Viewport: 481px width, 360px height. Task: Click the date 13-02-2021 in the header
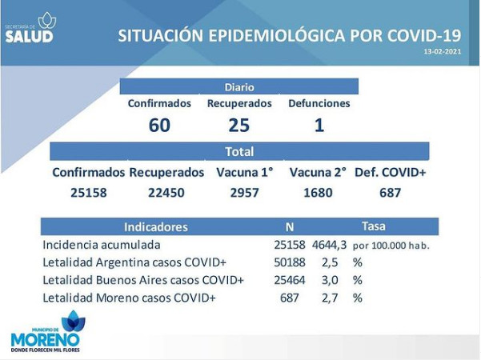[443, 51]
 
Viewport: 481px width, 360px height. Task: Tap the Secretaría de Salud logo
[30, 28]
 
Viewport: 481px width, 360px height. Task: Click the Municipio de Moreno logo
[46, 331]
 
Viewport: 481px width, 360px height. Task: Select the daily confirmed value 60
[159, 126]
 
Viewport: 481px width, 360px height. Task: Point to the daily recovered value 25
[239, 126]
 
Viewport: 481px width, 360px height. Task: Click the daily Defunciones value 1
[319, 126]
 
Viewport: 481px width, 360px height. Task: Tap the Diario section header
[239, 87]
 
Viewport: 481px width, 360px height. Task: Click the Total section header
[239, 152]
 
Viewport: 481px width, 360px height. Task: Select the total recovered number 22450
[166, 193]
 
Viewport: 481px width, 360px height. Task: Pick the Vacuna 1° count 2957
[244, 193]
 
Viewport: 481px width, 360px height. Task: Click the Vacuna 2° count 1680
[318, 193]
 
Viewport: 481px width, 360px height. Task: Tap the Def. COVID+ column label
[391, 173]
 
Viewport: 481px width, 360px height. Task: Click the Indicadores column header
[156, 227]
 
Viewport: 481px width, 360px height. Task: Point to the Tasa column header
[374, 226]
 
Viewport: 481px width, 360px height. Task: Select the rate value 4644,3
[330, 246]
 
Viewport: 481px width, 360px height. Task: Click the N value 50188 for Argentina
[290, 262]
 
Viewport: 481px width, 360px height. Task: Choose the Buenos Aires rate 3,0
[330, 280]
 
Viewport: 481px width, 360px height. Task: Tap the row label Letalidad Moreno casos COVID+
[129, 298]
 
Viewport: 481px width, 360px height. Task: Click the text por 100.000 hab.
[391, 246]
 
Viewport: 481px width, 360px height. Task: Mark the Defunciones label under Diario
[319, 104]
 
